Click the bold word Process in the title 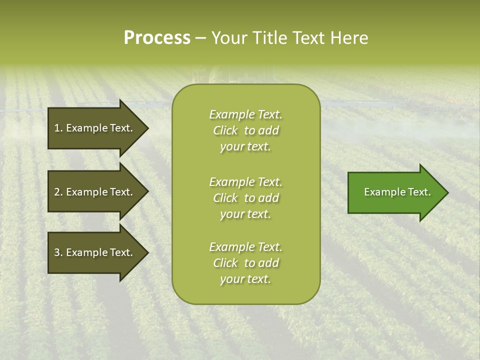(157, 38)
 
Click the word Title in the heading (270, 38)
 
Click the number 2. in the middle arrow (58, 192)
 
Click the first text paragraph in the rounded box (245, 130)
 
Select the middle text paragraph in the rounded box (245, 198)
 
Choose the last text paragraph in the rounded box (245, 263)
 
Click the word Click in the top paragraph (225, 131)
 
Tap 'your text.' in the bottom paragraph (245, 279)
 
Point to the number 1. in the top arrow (58, 128)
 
